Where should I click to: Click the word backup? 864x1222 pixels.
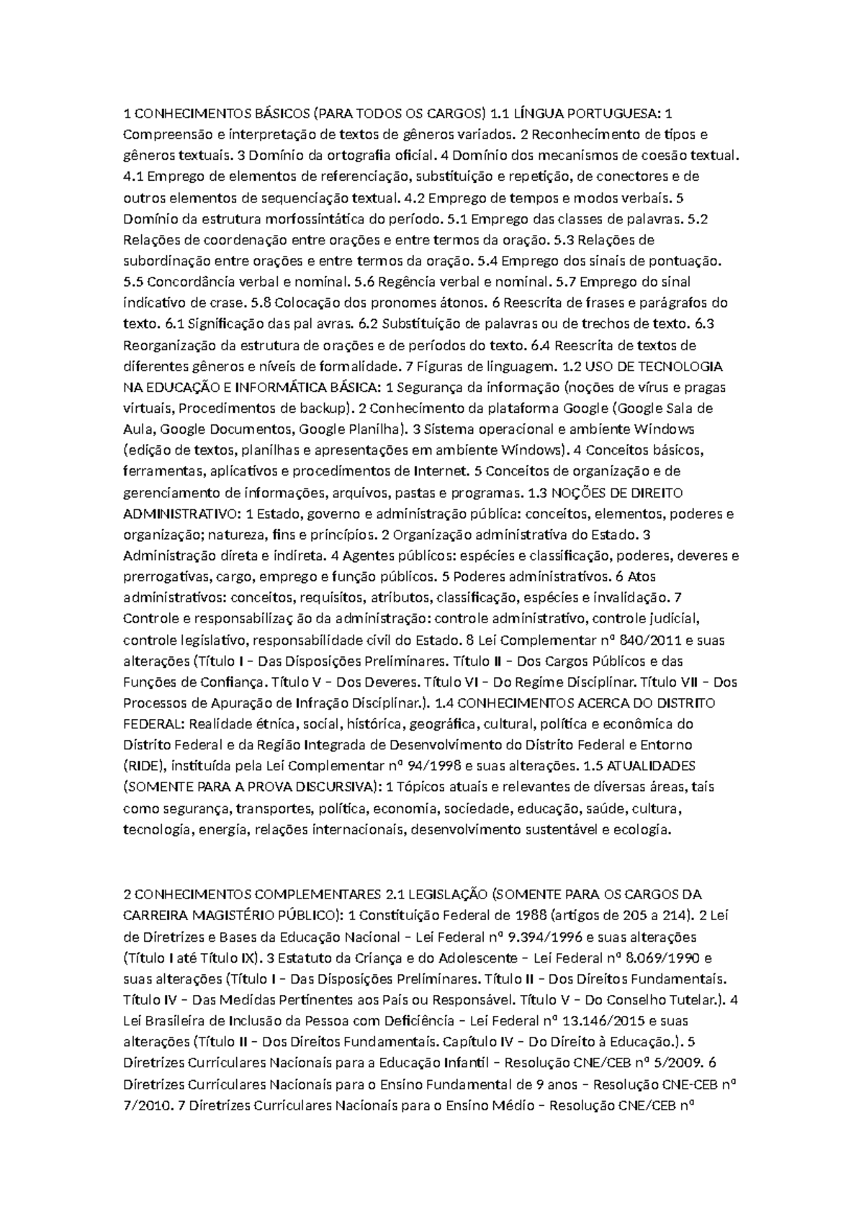323,409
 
